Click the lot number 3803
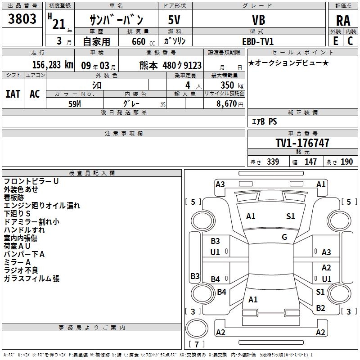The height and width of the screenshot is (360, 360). tap(22, 19)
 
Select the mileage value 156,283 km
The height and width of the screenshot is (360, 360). tap(53, 65)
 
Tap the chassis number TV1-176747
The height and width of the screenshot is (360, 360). tap(302, 143)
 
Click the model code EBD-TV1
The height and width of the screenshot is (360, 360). tap(258, 41)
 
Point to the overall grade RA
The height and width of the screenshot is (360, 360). tap(343, 21)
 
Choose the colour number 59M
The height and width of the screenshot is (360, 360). tap(75, 104)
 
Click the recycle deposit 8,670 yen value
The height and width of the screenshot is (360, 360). tap(230, 104)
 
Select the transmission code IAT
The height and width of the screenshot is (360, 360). tap(13, 94)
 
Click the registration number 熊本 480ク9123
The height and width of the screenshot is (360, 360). tap(171, 65)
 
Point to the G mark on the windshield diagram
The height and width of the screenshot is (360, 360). tap(284, 237)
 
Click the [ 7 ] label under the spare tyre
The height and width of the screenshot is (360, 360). tap(197, 344)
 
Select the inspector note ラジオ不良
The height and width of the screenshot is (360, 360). tap(21, 270)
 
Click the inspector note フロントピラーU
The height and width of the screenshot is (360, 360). tap(31, 181)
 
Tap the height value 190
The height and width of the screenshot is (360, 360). tap(346, 162)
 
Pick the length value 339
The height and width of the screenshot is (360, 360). tap(273, 162)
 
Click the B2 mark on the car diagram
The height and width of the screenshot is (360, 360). tap(320, 308)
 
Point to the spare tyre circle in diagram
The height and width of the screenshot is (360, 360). tap(197, 328)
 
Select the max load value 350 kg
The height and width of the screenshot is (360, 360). tap(232, 85)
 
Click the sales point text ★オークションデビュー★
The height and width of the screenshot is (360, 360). tap(288, 63)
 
